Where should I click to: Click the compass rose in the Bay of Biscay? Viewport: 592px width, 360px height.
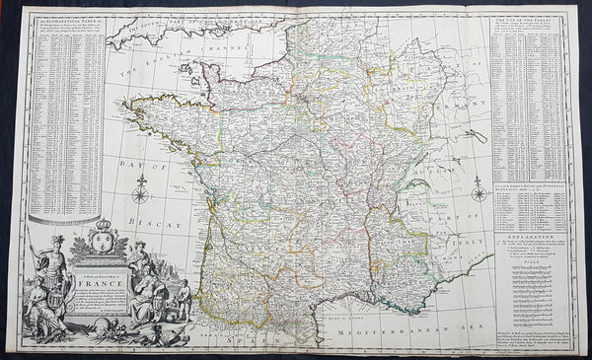pos(141,187)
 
